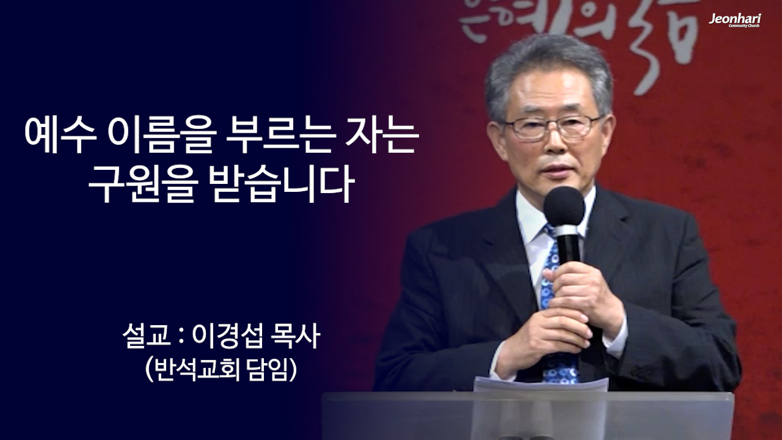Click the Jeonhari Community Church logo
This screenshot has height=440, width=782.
pos(734,20)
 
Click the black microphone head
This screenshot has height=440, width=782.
pos(564,207)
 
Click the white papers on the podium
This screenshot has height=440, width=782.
pos(540,384)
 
